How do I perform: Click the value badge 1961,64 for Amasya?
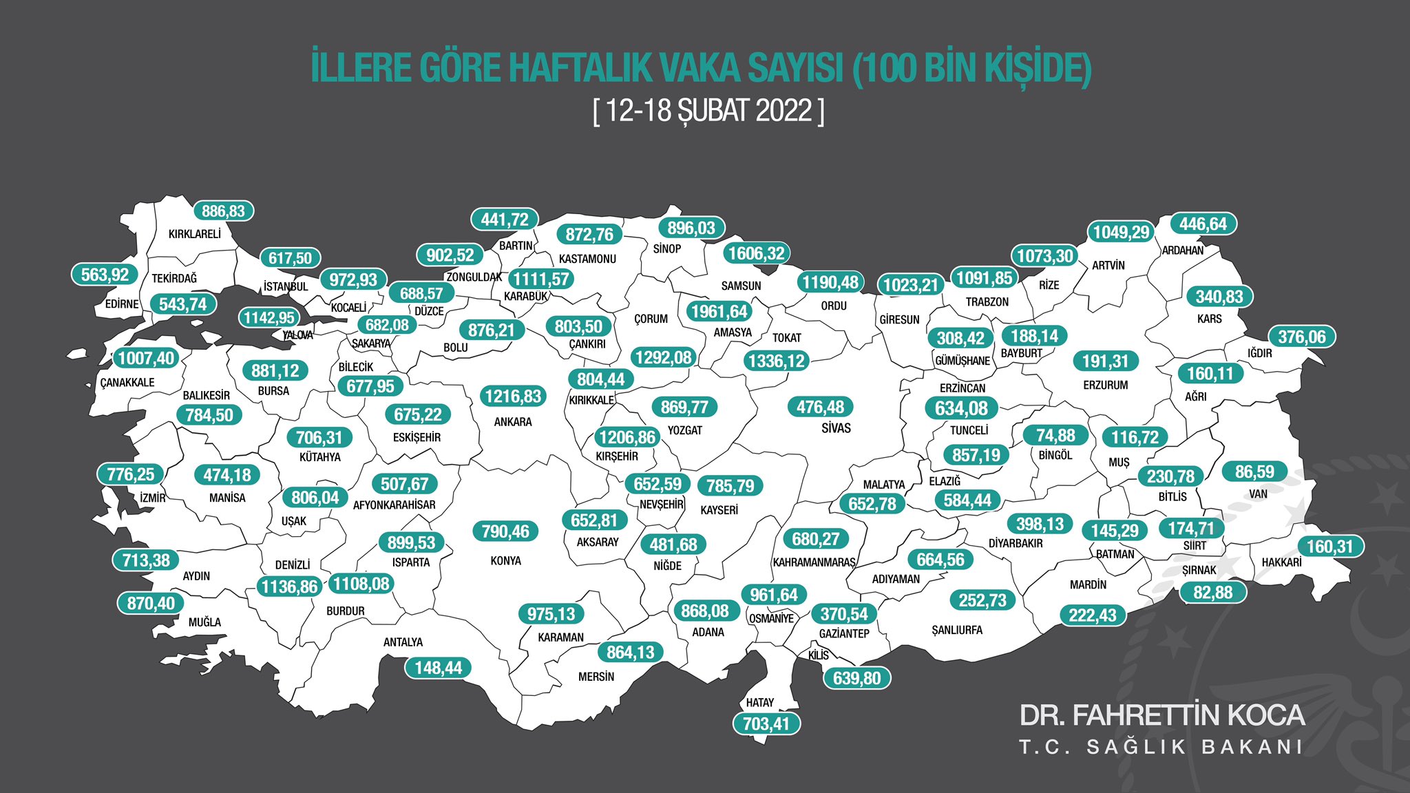click(x=719, y=311)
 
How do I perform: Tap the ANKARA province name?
click(x=513, y=422)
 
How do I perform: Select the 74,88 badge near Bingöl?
click(x=1055, y=435)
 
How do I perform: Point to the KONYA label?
click(x=506, y=561)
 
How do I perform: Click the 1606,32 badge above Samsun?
click(x=756, y=253)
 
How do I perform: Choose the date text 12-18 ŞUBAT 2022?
click(x=708, y=110)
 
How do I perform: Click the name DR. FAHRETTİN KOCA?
click(x=1162, y=715)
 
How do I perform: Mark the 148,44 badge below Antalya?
click(x=439, y=668)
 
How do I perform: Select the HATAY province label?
click(x=760, y=703)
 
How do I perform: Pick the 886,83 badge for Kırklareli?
click(x=223, y=211)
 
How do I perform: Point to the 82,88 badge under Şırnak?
click(x=1213, y=592)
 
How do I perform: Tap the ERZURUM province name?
click(x=1106, y=385)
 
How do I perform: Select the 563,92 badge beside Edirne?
click(x=105, y=275)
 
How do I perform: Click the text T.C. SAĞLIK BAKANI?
click(x=1161, y=747)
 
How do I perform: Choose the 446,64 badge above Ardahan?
click(x=1203, y=224)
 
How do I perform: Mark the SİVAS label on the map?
click(x=836, y=428)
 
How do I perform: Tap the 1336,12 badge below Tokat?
click(x=776, y=361)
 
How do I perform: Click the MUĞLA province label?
click(x=205, y=622)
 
